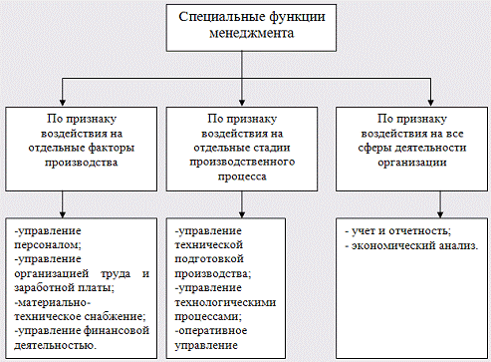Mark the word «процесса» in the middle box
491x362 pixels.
coord(244,181)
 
